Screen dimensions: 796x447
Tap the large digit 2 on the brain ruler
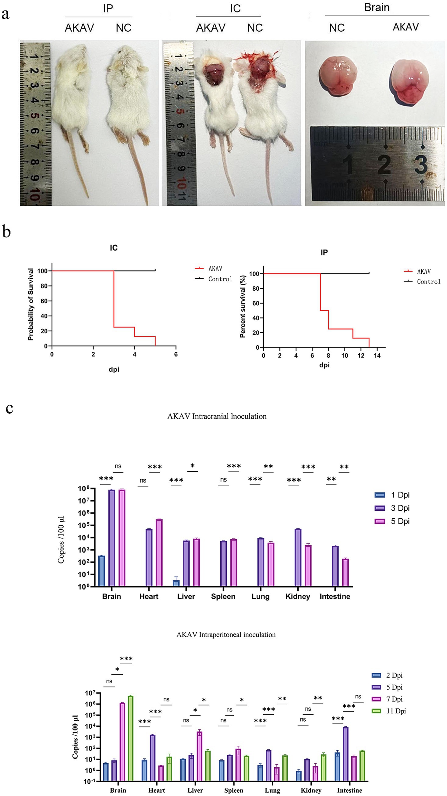pos(384,164)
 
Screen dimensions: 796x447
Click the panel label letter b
pos(6,232)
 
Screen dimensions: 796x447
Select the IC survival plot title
pos(114,248)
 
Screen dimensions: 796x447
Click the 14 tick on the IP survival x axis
pos(377,355)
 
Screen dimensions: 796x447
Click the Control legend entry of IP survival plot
pos(428,281)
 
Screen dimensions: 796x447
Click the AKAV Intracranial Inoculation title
pos(217,416)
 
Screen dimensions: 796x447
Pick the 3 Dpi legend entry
pos(400,508)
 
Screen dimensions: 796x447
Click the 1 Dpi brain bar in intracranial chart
pos(102,571)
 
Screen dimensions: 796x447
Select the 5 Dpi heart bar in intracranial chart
pos(159,553)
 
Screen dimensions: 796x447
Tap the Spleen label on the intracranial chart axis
pos(223,597)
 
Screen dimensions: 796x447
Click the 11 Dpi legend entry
pos(396,711)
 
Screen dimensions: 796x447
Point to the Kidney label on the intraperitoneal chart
pos(311,790)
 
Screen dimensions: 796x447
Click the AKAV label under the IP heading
pos(79,28)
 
